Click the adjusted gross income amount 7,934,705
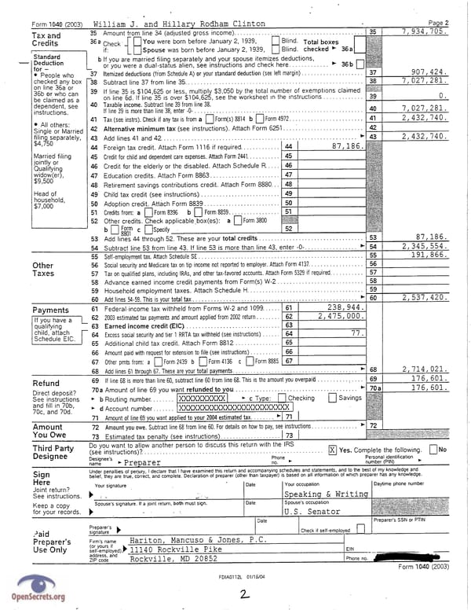pos(424,31)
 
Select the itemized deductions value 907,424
pos(426,72)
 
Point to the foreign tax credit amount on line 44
pos(344,146)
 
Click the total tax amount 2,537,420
pos(425,298)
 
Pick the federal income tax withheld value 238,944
pos(343,307)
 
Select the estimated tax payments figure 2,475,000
pos(340,316)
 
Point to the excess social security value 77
pos(356,333)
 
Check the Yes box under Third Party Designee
pos(332,449)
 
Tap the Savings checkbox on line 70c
pos(330,399)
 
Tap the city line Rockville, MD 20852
pos(173,559)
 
